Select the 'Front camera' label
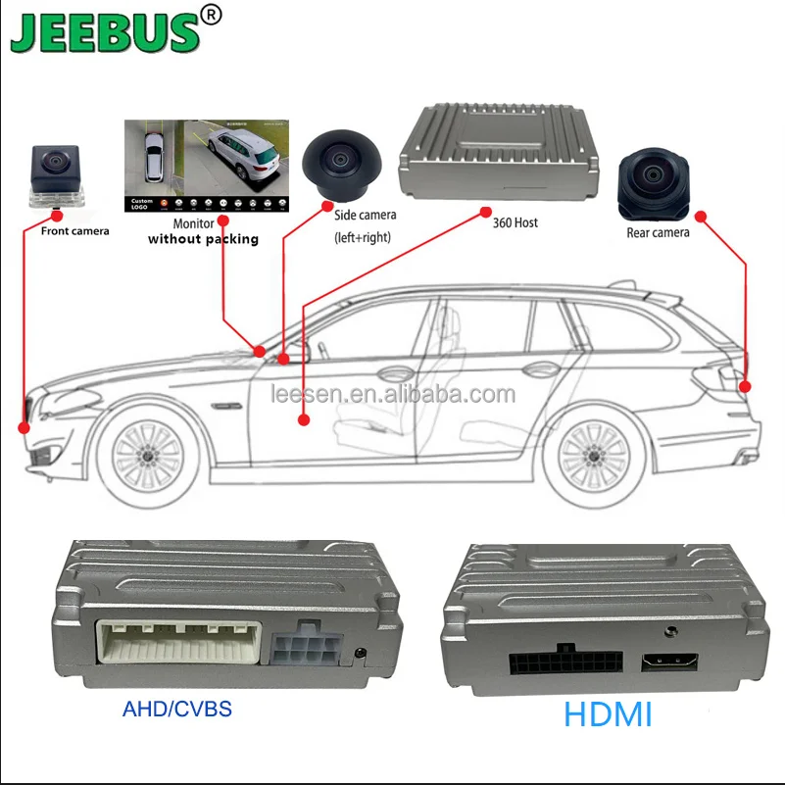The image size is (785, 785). click(x=74, y=231)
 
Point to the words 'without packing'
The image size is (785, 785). click(x=203, y=239)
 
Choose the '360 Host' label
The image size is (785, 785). click(x=515, y=222)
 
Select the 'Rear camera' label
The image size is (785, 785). click(x=658, y=232)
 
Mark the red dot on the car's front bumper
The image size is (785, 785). click(x=25, y=427)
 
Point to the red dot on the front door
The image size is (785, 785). click(x=303, y=419)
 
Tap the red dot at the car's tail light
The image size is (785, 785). click(x=745, y=387)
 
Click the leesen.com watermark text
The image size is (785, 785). click(x=392, y=395)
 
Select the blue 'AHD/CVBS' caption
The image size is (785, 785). click(x=177, y=709)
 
